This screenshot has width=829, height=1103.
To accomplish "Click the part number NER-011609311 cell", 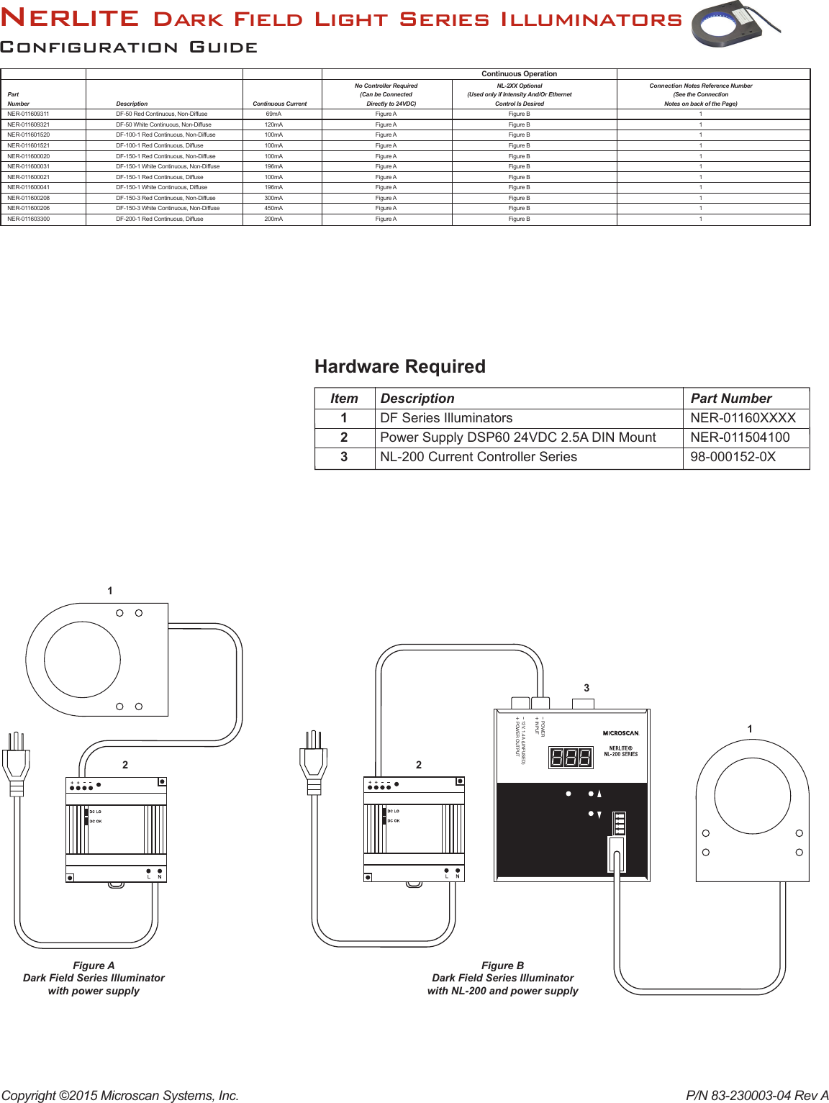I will [29, 114].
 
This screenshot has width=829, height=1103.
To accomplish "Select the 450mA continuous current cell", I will [273, 208].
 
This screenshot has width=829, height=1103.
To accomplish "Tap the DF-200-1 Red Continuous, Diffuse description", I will [160, 219].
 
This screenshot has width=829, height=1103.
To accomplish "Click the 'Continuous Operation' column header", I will [519, 73].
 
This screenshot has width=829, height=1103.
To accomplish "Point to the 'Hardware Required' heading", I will [400, 366].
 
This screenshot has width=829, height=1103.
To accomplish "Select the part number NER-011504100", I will [740, 437].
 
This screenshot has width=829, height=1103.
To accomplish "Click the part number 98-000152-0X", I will [733, 457].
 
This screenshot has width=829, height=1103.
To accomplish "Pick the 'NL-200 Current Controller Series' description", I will [479, 457].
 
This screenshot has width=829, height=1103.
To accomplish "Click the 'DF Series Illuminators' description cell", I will [446, 418].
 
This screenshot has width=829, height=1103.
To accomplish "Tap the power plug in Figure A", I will [17, 763].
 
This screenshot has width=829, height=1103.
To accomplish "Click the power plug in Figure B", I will [313, 763].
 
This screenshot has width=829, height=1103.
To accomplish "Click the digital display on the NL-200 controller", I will [571, 757].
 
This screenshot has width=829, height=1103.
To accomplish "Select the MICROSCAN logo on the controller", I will [620, 733].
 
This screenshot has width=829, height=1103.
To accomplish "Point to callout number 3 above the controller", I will [586, 688].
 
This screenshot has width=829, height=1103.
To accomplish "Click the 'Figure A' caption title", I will [94, 966].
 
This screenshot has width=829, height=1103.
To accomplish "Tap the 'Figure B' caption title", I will [502, 966].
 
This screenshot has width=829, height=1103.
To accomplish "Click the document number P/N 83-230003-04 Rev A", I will [756, 1095].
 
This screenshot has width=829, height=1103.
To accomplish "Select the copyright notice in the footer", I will [119, 1095].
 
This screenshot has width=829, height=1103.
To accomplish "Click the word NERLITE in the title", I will [70, 18].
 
